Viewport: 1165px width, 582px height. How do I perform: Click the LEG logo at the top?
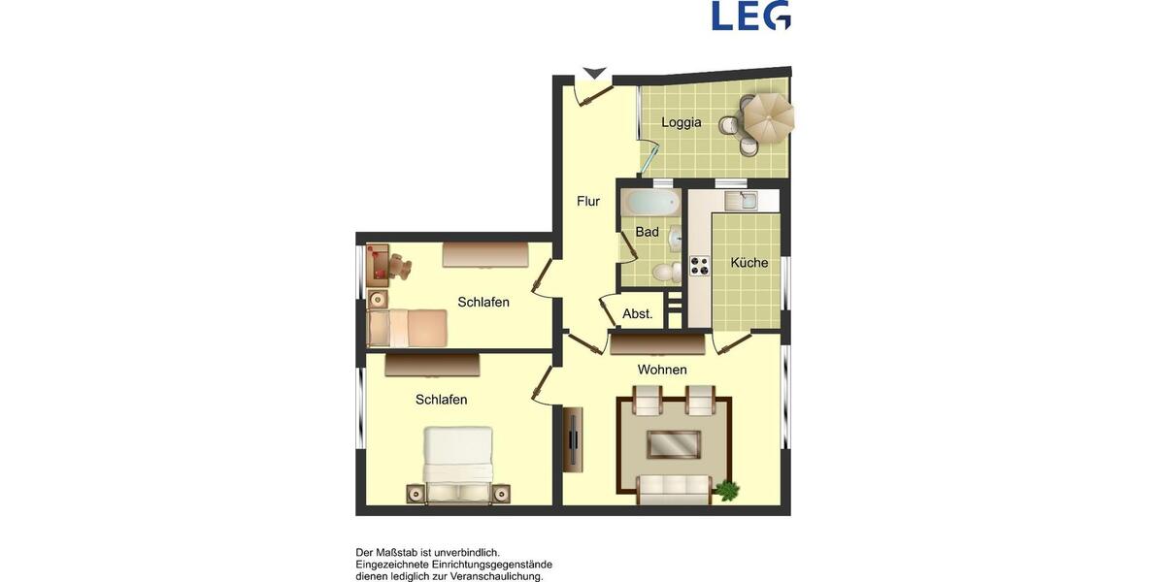(750, 16)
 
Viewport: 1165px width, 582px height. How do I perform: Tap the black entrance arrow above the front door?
(594, 74)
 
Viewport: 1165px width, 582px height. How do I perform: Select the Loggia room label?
(681, 122)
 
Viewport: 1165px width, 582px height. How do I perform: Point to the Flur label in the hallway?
(588, 202)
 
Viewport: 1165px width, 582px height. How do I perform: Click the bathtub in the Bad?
(651, 204)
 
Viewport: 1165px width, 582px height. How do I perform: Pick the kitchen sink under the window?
(747, 202)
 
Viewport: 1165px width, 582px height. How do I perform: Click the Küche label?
(749, 263)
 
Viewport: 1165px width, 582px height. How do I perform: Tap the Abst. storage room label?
(637, 314)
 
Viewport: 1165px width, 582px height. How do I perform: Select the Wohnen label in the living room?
(662, 370)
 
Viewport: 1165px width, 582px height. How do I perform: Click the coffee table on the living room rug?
(674, 444)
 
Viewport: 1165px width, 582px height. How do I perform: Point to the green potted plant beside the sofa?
(726, 490)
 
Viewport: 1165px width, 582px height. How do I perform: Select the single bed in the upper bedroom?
(407, 328)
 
